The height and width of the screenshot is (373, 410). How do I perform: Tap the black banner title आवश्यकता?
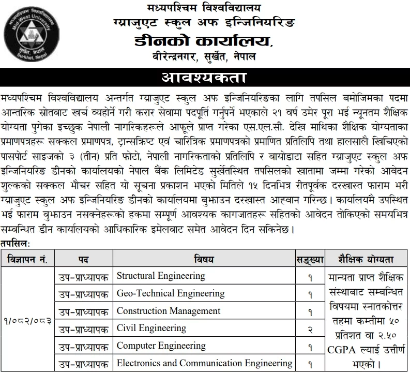[x=205, y=79]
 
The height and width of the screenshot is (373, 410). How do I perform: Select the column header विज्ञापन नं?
[x=28, y=259]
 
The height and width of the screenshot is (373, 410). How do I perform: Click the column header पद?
[x=83, y=259]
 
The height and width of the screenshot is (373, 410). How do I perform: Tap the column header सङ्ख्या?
[x=310, y=259]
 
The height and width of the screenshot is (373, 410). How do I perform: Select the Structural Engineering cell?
[x=161, y=276]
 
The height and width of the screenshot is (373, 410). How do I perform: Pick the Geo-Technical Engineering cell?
[x=171, y=293]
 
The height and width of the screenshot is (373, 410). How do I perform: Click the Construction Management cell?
[x=169, y=311]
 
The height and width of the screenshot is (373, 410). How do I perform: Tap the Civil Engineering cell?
[x=151, y=328]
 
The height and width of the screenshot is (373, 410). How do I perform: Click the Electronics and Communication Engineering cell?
[x=204, y=363]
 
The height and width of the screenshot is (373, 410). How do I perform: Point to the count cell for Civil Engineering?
[x=310, y=329]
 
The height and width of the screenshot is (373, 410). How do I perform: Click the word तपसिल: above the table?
[x=16, y=243]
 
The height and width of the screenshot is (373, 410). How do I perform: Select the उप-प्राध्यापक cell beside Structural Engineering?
[x=83, y=276]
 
